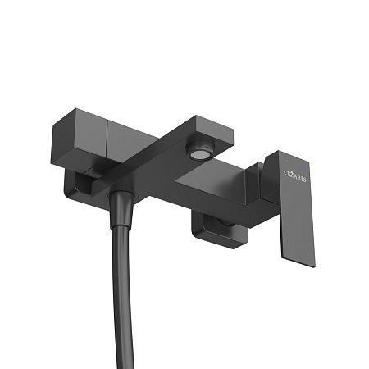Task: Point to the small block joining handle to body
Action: click(x=257, y=176)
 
